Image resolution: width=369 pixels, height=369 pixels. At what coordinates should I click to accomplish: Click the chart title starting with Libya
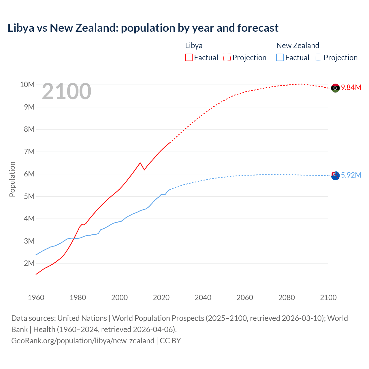tap(143, 28)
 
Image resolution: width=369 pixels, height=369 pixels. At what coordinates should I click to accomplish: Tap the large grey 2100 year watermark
tap(67, 91)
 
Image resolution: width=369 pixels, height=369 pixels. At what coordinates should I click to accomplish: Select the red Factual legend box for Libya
tap(189, 57)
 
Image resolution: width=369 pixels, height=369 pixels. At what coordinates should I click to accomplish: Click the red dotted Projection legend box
tap(227, 57)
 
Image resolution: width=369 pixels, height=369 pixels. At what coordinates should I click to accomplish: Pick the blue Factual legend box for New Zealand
tap(280, 57)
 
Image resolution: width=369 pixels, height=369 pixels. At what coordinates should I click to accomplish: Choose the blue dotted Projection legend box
tap(318, 57)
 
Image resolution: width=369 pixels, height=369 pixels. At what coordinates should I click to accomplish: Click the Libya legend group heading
tap(194, 46)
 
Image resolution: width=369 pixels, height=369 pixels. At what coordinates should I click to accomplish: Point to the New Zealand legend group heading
tap(298, 46)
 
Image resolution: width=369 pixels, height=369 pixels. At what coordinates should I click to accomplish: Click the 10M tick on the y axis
tap(27, 84)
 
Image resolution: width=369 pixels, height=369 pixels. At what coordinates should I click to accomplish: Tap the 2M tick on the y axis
tap(29, 263)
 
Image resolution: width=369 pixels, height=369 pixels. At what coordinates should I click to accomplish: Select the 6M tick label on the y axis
tap(29, 174)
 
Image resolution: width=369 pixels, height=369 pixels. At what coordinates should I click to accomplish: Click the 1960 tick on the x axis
tap(36, 298)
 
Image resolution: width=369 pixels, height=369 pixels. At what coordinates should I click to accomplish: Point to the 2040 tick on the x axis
tap(203, 298)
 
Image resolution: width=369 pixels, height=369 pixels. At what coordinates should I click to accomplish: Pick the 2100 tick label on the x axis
tap(328, 298)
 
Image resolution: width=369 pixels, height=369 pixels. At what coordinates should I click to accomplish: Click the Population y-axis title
tap(12, 179)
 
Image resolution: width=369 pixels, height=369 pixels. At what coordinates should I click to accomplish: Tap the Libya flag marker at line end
tap(335, 88)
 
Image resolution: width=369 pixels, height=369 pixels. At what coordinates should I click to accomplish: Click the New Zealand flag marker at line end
tap(335, 176)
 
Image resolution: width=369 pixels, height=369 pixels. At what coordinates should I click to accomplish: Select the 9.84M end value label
tap(351, 87)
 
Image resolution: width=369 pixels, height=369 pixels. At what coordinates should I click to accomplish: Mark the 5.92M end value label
tap(351, 175)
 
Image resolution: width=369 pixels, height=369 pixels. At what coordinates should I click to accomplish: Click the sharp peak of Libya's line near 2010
tap(140, 163)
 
